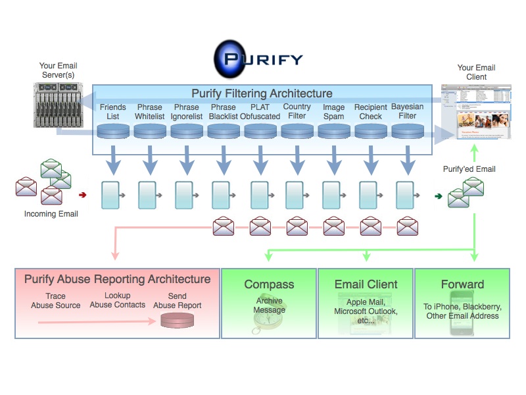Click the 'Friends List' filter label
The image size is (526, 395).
[112, 111]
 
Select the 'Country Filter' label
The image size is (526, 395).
[297, 111]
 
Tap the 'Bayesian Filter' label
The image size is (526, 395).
[408, 111]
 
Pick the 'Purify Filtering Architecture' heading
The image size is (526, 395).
[262, 93]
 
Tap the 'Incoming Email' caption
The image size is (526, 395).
[51, 214]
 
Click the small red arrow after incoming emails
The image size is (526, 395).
[83, 195]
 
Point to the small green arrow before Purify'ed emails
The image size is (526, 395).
[439, 196]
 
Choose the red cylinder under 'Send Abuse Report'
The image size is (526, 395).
[177, 321]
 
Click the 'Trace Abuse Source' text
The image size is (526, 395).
[56, 301]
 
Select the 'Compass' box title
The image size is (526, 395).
[269, 284]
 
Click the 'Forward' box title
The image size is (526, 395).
[462, 284]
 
